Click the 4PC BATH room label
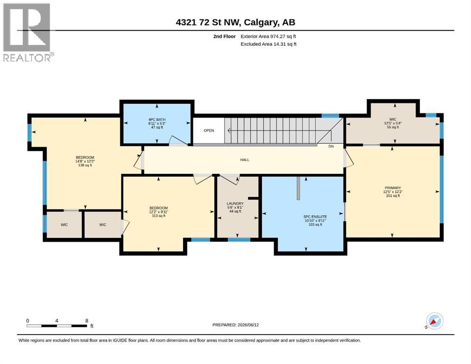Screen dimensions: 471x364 (x=157, y=119)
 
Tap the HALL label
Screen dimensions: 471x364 (x=244, y=160)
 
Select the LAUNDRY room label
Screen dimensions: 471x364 (x=235, y=203)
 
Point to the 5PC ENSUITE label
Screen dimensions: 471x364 (x=315, y=217)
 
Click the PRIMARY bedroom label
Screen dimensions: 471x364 (x=393, y=188)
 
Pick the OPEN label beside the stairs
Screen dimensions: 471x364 (x=209, y=130)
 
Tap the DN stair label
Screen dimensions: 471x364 (x=331, y=146)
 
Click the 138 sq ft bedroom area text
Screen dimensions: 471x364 (x=85, y=165)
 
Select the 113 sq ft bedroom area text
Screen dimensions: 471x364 (x=158, y=216)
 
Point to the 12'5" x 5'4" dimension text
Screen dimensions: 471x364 (x=393, y=123)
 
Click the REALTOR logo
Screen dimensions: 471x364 (x=28, y=32)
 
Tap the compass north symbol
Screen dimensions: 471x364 (x=434, y=321)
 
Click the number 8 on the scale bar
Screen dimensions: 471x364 (x=87, y=321)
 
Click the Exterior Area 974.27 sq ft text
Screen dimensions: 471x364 (x=268, y=36)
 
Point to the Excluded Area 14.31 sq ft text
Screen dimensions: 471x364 (x=268, y=44)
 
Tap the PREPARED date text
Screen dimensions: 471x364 (x=235, y=325)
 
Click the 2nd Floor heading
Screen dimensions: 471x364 (x=224, y=36)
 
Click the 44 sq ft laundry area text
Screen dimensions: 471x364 (x=235, y=211)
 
